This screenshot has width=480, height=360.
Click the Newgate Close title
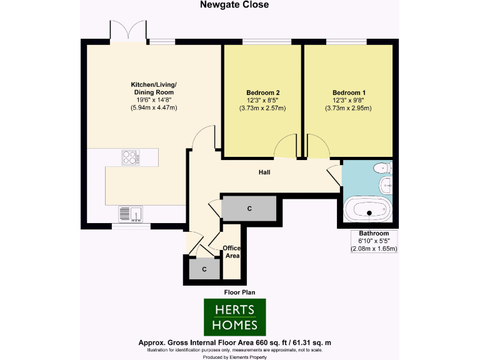tap(234, 5)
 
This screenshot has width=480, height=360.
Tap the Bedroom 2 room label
tap(262, 92)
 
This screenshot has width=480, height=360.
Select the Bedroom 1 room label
tap(349, 92)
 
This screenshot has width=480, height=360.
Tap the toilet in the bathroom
tap(381, 167)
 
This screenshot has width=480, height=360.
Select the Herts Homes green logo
tap(235, 317)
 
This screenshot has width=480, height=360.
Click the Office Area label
tap(232, 252)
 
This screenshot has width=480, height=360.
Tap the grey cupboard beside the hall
tap(249, 207)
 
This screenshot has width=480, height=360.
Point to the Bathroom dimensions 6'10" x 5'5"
tap(374, 241)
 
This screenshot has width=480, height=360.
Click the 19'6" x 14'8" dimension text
tap(154, 100)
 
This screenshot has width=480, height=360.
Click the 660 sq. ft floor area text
tap(234, 343)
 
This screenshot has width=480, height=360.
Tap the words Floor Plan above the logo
tap(239, 292)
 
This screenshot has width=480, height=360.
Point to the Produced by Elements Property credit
tap(234, 356)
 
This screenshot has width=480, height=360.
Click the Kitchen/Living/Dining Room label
tap(154, 88)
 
